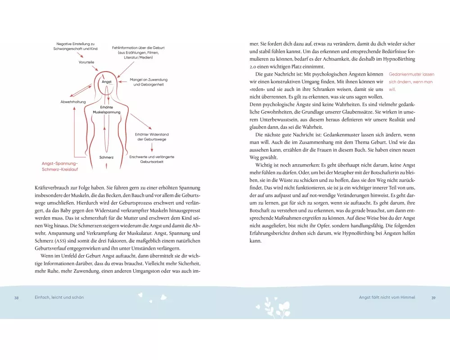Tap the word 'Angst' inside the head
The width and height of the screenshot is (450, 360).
(x=107, y=82)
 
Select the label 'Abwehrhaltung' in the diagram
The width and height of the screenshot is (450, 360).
(x=73, y=102)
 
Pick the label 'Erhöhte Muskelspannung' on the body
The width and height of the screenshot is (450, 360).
(x=107, y=109)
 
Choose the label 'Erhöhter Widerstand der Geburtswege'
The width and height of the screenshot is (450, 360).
(x=152, y=137)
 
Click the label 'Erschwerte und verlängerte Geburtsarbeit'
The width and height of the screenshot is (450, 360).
(x=152, y=159)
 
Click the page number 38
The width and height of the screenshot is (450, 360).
(x=17, y=297)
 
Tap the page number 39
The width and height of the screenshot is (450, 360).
(x=433, y=297)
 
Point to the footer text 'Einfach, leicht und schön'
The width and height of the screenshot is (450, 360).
(x=59, y=297)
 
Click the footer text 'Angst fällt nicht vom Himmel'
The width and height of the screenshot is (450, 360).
(x=387, y=297)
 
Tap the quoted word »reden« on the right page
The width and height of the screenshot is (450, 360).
(x=257, y=90)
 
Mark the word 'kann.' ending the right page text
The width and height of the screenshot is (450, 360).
(x=255, y=241)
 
